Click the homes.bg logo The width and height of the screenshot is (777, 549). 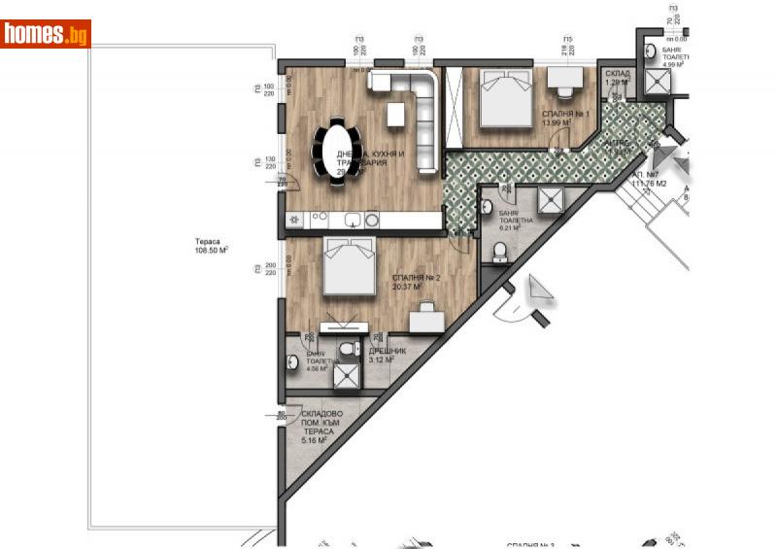[x=46, y=34]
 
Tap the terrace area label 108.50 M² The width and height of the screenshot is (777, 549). [x=210, y=250]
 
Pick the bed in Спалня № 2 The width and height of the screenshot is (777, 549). [x=349, y=266]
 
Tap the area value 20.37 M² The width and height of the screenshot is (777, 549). [x=405, y=287]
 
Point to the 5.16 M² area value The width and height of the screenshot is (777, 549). [x=313, y=441]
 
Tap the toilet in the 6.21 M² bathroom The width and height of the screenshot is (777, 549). [x=500, y=254]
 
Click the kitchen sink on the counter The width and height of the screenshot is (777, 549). [x=354, y=221]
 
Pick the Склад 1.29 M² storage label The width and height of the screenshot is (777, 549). [x=617, y=78]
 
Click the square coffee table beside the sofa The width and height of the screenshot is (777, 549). [x=395, y=115]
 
